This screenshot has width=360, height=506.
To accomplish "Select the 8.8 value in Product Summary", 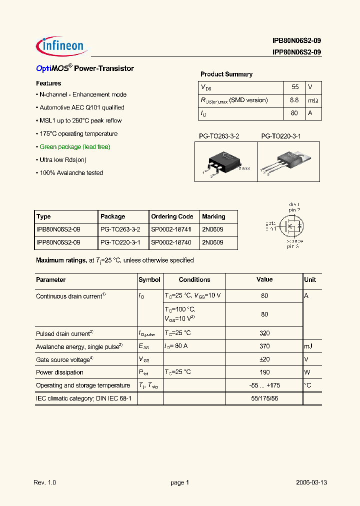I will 294,100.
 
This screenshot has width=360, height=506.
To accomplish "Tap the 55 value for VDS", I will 295,87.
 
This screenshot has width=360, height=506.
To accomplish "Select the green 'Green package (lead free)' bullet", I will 74,147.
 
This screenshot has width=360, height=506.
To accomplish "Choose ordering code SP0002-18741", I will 172,229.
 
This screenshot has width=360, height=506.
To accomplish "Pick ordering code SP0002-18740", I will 172,242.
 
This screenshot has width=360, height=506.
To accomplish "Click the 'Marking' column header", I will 213,216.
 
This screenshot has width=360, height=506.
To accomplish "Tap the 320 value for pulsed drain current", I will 264,333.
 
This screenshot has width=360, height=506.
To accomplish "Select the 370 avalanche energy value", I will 264,346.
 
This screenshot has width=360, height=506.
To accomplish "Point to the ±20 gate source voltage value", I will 264,359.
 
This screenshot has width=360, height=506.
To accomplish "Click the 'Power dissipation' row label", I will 59,372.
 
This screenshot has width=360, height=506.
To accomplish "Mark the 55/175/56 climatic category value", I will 264,398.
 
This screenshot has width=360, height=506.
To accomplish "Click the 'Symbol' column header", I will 149,280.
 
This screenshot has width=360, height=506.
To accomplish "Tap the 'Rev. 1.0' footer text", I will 45,482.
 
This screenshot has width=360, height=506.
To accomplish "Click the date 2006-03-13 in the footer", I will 311,482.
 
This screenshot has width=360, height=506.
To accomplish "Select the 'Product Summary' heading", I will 226,74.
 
